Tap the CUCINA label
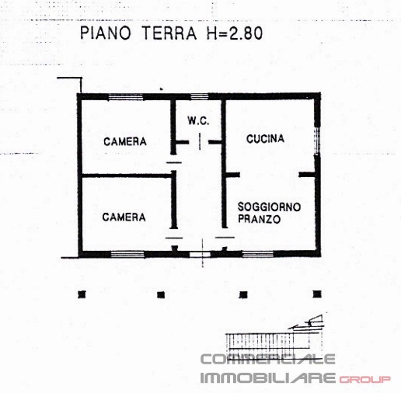click(x=265, y=139)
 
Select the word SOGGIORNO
click(x=269, y=206)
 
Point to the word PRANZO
click(x=260, y=220)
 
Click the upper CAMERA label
click(x=126, y=141)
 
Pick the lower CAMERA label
click(x=124, y=217)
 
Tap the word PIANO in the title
click(x=106, y=33)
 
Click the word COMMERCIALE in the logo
click(x=268, y=359)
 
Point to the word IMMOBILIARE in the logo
click(x=268, y=378)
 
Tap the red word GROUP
click(x=365, y=379)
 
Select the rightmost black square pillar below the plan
click(x=316, y=294)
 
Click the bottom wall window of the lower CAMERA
click(x=127, y=254)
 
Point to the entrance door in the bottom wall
click(x=200, y=254)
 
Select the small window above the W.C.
click(x=200, y=96)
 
